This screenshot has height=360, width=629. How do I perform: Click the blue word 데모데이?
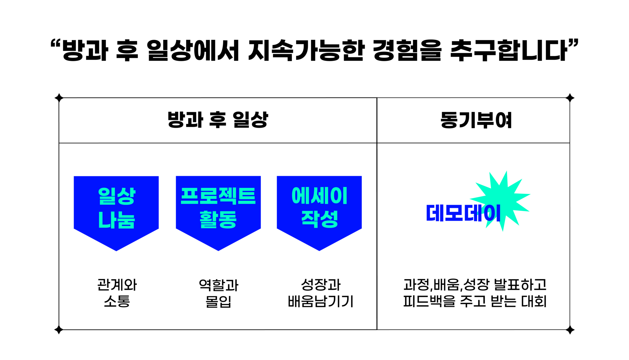coord(463,213)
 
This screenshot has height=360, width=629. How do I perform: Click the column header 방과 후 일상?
coord(218,120)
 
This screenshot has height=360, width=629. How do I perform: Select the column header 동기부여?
coord(476,120)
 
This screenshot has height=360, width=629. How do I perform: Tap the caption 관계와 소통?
coord(117,293)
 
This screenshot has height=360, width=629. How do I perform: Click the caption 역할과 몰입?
coord(219,293)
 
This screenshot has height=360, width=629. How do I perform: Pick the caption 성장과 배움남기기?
coord(321,293)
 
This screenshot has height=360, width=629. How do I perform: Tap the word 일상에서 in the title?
coord(193,50)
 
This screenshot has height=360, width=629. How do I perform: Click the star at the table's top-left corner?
coord(59,98)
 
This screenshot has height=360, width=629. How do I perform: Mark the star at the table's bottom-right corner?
coord(570,330)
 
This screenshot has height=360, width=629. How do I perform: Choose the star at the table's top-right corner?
coord(570,98)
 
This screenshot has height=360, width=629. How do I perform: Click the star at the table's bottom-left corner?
coord(59,330)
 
